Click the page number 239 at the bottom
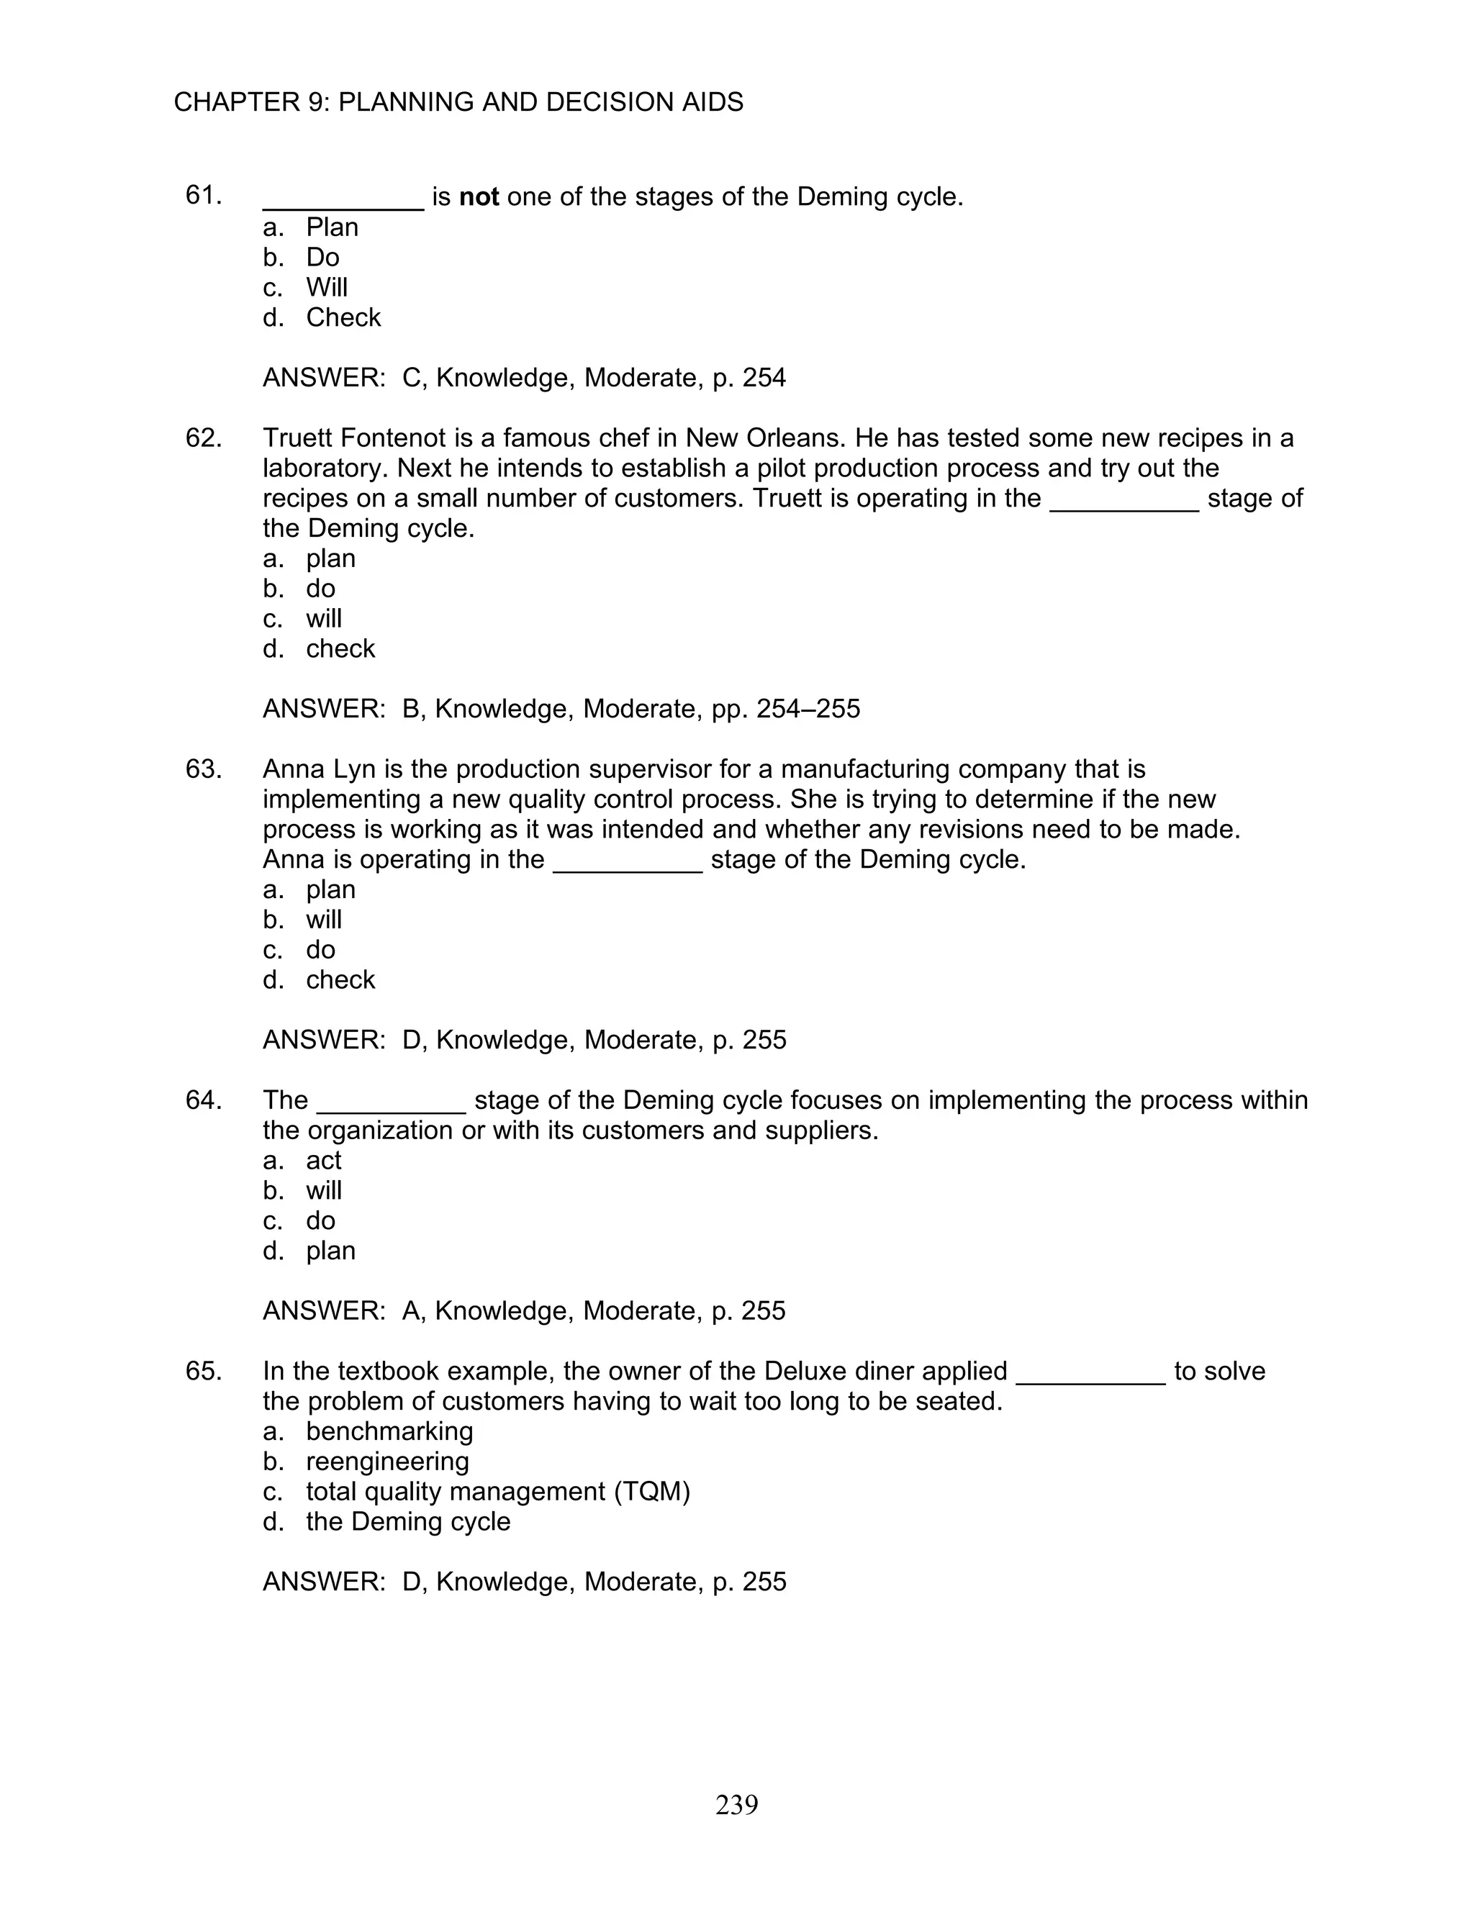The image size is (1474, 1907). click(736, 1804)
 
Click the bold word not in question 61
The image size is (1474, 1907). click(479, 197)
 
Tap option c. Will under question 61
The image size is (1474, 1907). click(326, 287)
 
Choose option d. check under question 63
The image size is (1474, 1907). click(340, 979)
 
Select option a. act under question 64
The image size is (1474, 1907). click(323, 1161)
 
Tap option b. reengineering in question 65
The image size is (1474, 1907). click(386, 1462)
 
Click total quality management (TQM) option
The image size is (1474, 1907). click(498, 1491)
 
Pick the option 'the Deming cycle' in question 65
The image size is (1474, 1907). click(408, 1522)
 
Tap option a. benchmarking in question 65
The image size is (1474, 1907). click(389, 1431)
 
